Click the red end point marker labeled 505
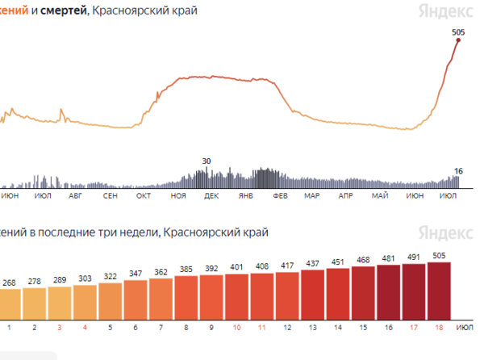(458, 40)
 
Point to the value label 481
(388, 258)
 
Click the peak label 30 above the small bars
(207, 161)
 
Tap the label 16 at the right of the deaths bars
(458, 171)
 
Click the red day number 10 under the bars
(236, 327)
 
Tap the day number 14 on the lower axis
(337, 327)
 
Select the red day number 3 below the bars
(59, 327)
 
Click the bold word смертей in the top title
(62, 10)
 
